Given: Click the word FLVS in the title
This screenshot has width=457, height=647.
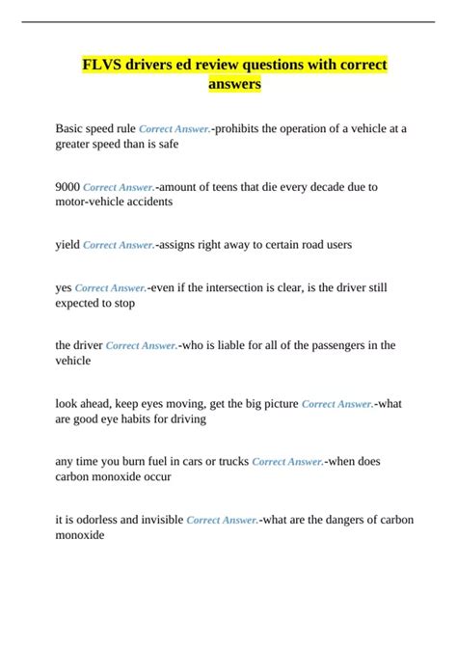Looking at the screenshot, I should point(101,65).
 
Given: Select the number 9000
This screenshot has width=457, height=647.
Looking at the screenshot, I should point(68,186).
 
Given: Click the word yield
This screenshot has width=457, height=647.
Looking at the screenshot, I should point(67,245).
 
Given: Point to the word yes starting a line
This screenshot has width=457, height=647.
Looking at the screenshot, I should point(64,286).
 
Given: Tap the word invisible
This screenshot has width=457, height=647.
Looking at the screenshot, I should point(156,520).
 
